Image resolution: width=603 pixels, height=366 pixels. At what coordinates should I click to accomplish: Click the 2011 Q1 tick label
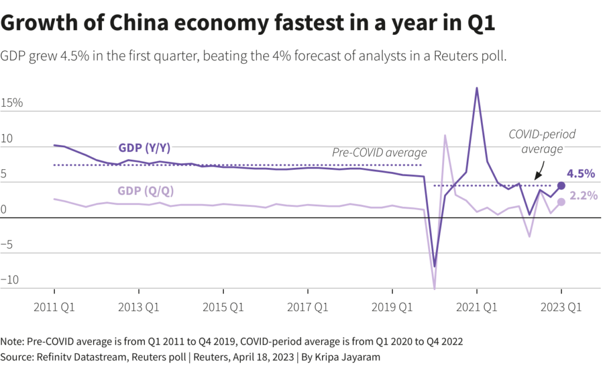click(54, 306)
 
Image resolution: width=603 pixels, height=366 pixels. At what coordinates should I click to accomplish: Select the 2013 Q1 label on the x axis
click(138, 306)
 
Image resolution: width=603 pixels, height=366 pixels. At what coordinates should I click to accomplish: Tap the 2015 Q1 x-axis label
click(223, 306)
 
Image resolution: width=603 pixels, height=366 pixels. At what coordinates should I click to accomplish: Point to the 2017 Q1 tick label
click(307, 306)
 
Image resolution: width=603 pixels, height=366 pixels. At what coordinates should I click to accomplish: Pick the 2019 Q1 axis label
click(392, 306)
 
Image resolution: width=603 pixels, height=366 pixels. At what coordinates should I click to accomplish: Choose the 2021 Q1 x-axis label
click(476, 306)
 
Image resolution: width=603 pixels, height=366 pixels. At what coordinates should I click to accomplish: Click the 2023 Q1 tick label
click(561, 306)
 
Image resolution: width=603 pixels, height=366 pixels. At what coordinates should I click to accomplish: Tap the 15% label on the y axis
click(12, 103)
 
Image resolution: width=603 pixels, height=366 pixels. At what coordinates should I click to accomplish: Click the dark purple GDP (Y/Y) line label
click(144, 147)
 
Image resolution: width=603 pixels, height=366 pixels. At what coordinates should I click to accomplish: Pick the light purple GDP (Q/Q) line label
click(146, 191)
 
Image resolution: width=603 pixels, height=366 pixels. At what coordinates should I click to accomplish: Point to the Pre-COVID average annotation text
click(379, 153)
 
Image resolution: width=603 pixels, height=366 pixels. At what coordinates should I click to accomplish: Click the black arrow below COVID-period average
click(539, 172)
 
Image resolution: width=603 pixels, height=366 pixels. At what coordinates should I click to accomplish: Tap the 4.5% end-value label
click(581, 174)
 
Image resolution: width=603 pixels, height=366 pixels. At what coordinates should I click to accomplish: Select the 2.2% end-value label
click(584, 196)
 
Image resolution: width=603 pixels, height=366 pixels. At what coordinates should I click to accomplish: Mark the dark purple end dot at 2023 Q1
click(561, 186)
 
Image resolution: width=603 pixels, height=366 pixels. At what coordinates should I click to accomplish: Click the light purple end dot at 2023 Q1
click(561, 202)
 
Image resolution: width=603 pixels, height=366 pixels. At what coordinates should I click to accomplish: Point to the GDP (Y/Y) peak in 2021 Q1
click(477, 88)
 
